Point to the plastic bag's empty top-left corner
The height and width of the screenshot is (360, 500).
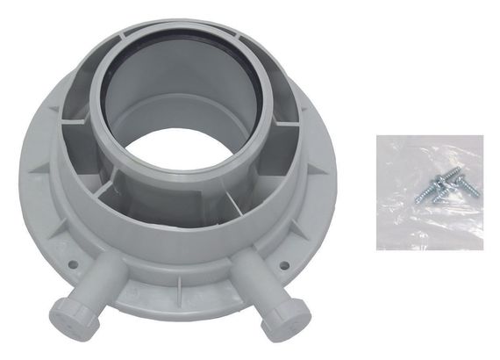(x=390, y=149)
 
